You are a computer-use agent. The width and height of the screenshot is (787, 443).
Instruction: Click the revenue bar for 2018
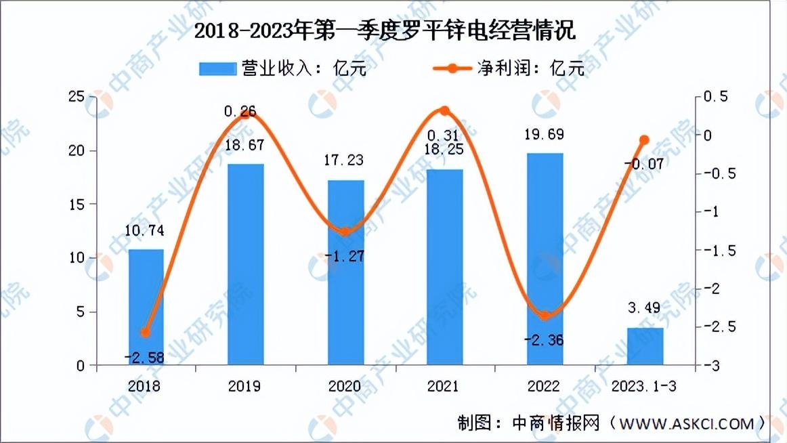pyautogui.click(x=146, y=307)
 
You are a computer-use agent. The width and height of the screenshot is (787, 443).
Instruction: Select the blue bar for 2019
pyautogui.click(x=245, y=264)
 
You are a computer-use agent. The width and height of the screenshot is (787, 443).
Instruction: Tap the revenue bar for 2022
pyautogui.click(x=545, y=259)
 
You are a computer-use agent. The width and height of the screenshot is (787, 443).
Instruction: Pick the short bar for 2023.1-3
pyautogui.click(x=645, y=347)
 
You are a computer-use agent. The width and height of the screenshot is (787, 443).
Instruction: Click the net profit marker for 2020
pyautogui.click(x=345, y=232)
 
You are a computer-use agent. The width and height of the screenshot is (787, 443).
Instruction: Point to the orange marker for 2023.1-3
pyautogui.click(x=645, y=140)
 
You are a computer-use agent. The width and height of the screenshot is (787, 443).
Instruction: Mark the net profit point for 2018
pyautogui.click(x=146, y=333)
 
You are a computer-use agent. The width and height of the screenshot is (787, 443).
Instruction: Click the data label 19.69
pyautogui.click(x=545, y=134)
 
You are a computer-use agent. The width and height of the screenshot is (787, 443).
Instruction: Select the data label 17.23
pyautogui.click(x=344, y=160)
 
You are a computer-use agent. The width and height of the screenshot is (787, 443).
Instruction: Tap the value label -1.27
pyautogui.click(x=344, y=256)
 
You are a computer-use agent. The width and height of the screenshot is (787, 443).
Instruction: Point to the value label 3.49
pyautogui.click(x=644, y=308)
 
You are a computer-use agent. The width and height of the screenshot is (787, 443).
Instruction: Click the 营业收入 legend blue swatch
pyautogui.click(x=218, y=68)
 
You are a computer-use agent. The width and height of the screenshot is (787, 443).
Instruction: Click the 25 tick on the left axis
pyautogui.click(x=77, y=96)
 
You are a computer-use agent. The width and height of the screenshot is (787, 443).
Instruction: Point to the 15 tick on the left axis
pyautogui.click(x=77, y=204)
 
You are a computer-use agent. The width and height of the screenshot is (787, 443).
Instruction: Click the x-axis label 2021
pyautogui.click(x=443, y=386)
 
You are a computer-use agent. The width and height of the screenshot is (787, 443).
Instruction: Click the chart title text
pyautogui.click(x=385, y=31)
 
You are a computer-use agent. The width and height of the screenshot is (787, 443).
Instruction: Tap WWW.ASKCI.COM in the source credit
pyautogui.click(x=687, y=424)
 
